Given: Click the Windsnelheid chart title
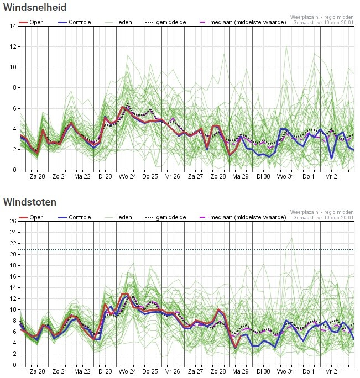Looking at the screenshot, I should point(35,8).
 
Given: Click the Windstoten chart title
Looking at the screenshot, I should point(29,202).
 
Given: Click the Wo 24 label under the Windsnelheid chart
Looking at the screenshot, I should point(127,176).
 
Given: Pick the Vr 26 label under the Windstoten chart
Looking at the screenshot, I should point(173,371).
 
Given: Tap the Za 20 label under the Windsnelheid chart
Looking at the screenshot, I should point(37,176).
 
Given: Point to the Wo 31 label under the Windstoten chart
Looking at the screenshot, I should point(285,371).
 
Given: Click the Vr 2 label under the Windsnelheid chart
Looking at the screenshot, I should point(331,176).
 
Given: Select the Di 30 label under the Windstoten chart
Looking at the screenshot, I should point(263,371).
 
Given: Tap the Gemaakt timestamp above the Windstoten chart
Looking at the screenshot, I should point(323,218).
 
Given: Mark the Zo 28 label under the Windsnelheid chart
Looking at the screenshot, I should point(218,176).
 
